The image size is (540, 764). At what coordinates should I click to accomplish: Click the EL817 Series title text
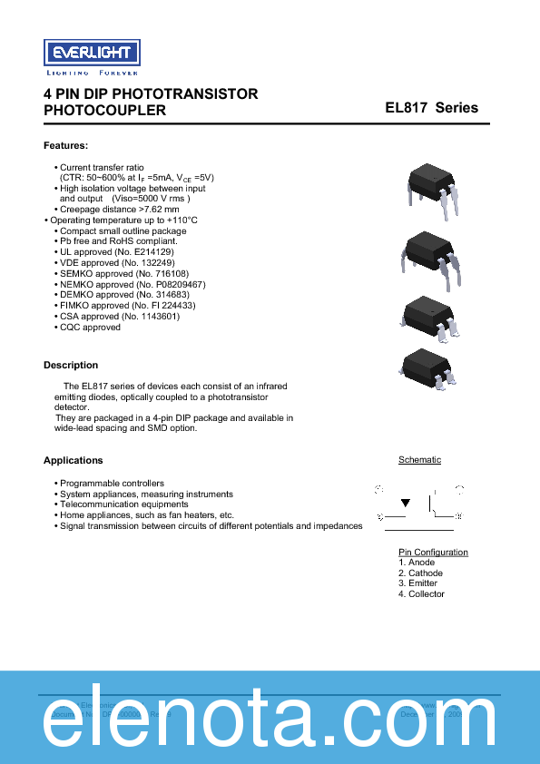(x=431, y=107)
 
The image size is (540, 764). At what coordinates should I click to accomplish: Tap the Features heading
(x=65, y=145)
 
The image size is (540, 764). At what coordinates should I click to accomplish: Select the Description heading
(x=71, y=365)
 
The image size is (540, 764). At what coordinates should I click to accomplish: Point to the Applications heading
(x=74, y=460)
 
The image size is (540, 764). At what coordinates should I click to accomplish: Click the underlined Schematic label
(x=419, y=460)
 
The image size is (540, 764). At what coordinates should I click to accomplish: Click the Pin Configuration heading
(x=433, y=552)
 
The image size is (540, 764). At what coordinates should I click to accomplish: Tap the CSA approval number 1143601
(x=157, y=316)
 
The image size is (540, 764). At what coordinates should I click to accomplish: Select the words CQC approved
(x=90, y=327)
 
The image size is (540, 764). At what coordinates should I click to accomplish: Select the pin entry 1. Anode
(x=417, y=563)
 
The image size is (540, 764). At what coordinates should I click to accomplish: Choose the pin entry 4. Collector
(x=421, y=593)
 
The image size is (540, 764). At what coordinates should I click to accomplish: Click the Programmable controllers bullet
(x=112, y=484)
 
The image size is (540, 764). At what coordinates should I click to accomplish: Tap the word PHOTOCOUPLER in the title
(x=105, y=111)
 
